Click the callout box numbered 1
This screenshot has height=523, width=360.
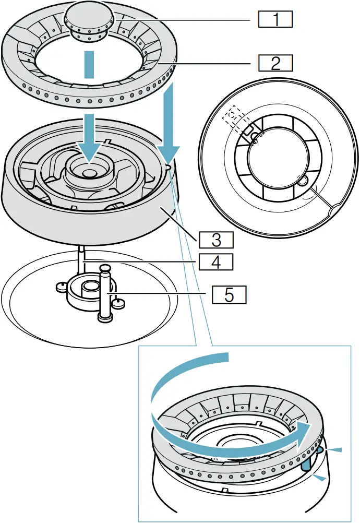(x=275, y=20)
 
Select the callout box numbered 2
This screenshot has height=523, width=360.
(x=275, y=63)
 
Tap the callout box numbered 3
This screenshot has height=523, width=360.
(x=215, y=240)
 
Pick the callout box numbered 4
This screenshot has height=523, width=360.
(x=215, y=261)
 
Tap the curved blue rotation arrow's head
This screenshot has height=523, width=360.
(x=308, y=429)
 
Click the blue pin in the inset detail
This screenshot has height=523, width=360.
(x=307, y=460)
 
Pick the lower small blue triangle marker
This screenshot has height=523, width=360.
(x=322, y=478)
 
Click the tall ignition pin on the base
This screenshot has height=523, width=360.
(x=105, y=295)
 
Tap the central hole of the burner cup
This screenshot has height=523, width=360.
(x=89, y=171)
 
